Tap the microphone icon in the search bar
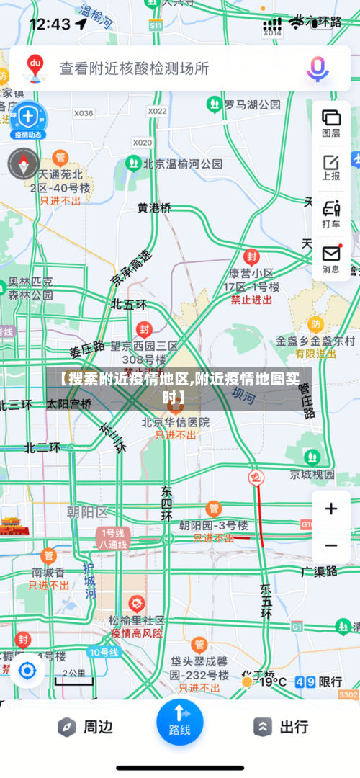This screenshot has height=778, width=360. click(318, 69)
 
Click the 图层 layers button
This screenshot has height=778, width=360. click(331, 122)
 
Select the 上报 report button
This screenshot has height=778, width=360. click(331, 167)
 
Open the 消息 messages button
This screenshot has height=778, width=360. click(331, 259)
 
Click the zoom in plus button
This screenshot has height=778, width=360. click(331, 509)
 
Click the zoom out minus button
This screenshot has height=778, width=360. click(331, 545)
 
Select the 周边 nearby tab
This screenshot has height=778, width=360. click(86, 727)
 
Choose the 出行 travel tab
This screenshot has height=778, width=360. click(282, 727)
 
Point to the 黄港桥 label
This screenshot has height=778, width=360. click(154, 207)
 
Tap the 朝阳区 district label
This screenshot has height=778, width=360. click(86, 512)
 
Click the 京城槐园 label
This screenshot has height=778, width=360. click(312, 474)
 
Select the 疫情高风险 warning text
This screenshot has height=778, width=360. click(137, 633)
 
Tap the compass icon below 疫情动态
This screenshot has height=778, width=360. click(23, 164)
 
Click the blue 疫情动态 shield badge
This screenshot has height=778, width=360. click(27, 118)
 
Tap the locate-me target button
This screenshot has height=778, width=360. click(27, 671)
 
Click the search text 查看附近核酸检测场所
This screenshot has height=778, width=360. click(134, 68)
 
